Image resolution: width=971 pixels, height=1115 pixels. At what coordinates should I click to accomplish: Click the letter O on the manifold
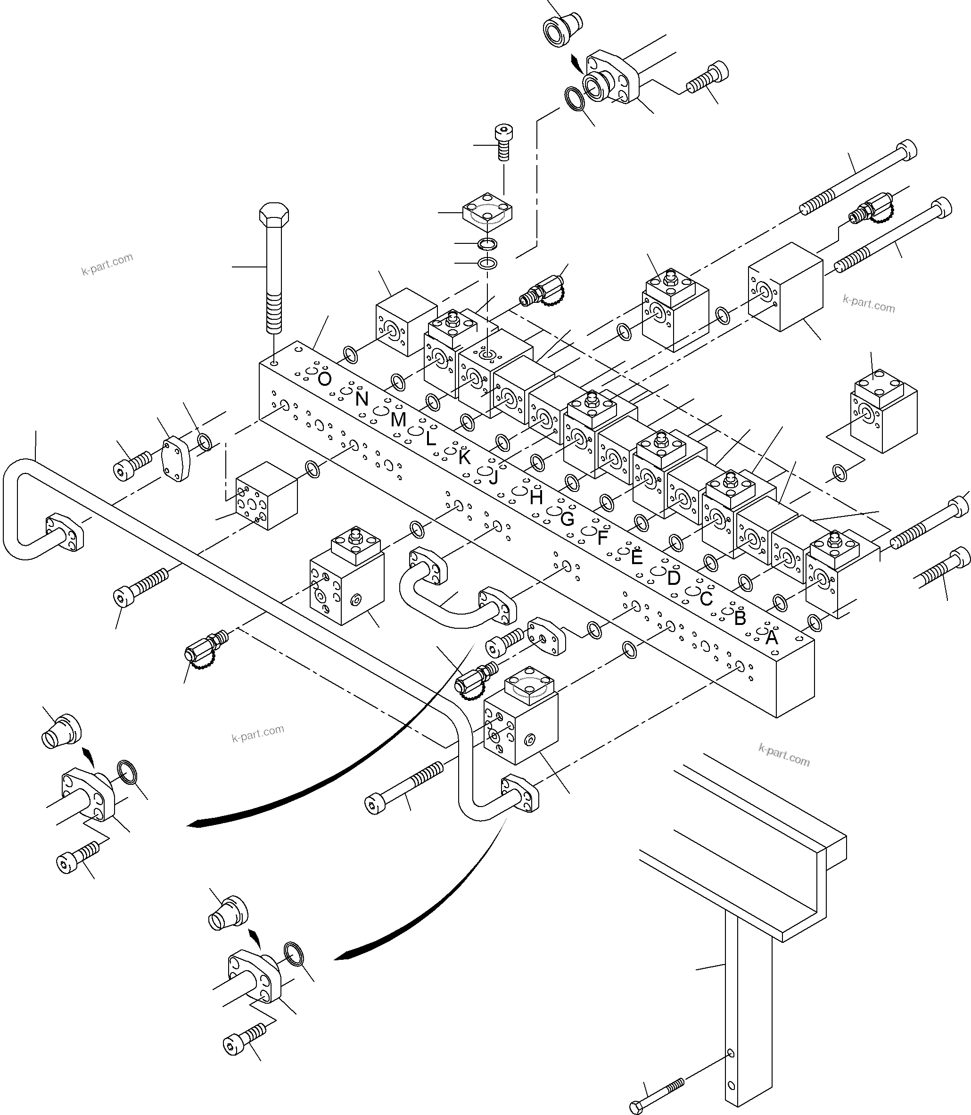pyautogui.click(x=324, y=379)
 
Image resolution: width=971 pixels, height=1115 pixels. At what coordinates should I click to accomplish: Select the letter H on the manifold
pyautogui.click(x=536, y=498)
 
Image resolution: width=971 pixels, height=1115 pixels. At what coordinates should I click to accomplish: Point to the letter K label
pyautogui.click(x=464, y=458)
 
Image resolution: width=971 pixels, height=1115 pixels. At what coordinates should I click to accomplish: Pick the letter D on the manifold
pyautogui.click(x=674, y=578)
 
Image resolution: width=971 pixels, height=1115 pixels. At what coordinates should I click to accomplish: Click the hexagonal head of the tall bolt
pyautogui.click(x=274, y=215)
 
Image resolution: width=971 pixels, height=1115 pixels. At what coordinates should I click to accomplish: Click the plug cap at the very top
pyautogui.click(x=562, y=28)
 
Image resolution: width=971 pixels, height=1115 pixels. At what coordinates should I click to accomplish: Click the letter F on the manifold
pyautogui.click(x=602, y=538)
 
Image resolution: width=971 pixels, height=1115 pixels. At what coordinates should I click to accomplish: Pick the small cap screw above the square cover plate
pyautogui.click(x=504, y=142)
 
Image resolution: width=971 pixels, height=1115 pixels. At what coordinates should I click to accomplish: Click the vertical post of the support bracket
pyautogui.click(x=747, y=1003)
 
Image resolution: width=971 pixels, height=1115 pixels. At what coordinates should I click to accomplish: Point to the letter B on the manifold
pyautogui.click(x=740, y=618)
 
